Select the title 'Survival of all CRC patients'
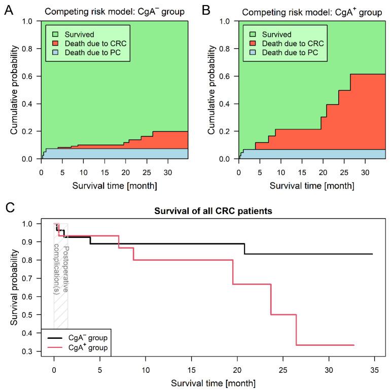tap(213, 212)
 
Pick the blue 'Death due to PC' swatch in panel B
tap(249, 53)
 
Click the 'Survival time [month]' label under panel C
tap(213, 382)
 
